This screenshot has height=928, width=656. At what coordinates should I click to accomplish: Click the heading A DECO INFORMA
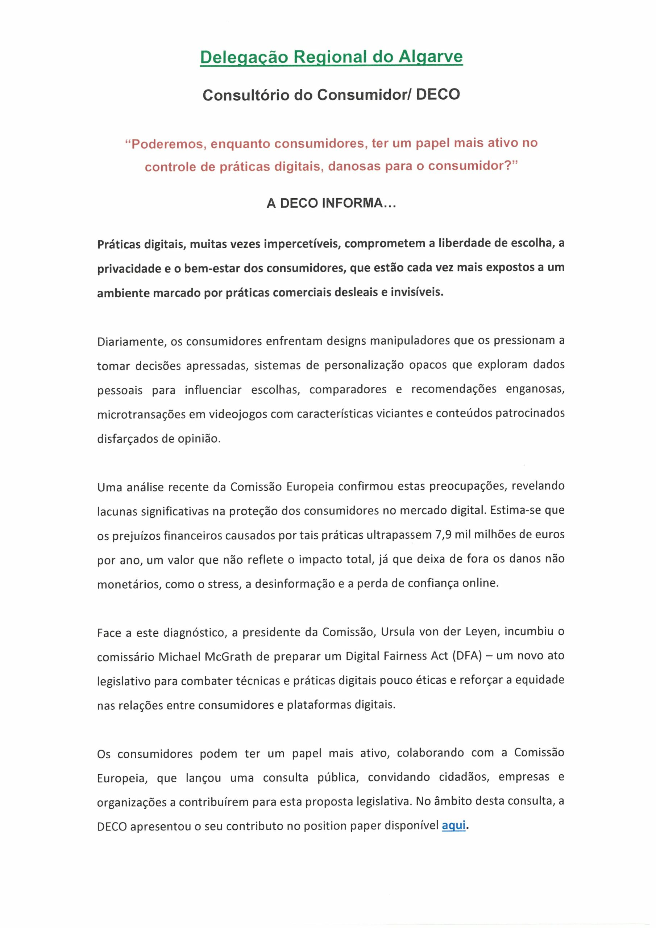tap(331, 203)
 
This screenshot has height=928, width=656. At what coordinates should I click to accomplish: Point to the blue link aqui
tap(453, 825)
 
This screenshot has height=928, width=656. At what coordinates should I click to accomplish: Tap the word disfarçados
tap(126, 439)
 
